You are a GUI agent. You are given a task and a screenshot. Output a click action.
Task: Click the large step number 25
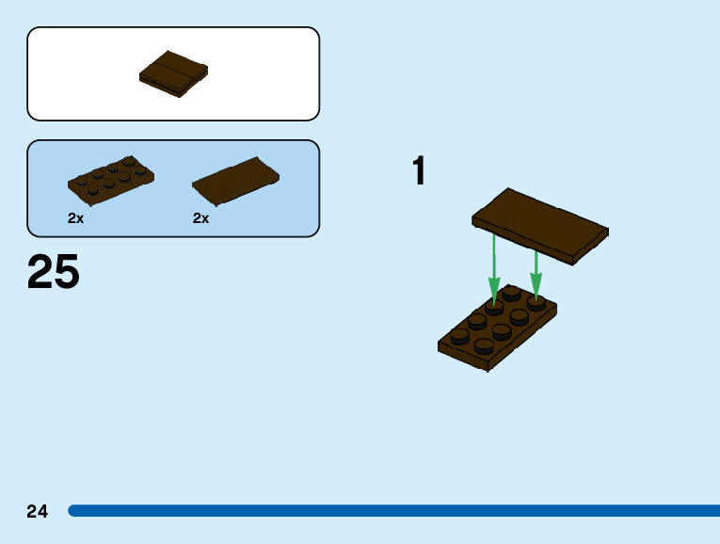pyautogui.click(x=54, y=272)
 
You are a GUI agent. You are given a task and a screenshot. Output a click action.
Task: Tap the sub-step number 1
pyautogui.click(x=419, y=172)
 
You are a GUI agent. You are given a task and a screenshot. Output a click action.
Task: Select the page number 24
pyautogui.click(x=37, y=512)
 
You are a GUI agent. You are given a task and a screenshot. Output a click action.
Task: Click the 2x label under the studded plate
pyautogui.click(x=76, y=218)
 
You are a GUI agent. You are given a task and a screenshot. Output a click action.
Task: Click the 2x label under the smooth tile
pyautogui.click(x=201, y=218)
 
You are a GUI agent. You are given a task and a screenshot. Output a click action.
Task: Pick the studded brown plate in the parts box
pyautogui.click(x=110, y=180)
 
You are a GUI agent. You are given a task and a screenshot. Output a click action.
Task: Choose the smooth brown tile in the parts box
pyautogui.click(x=235, y=182)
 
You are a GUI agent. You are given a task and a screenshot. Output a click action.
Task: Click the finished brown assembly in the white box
pyautogui.click(x=173, y=73)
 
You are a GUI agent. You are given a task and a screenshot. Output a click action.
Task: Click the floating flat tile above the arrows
pyautogui.click(x=540, y=225)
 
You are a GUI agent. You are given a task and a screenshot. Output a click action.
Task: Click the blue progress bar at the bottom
pyautogui.click(x=395, y=511)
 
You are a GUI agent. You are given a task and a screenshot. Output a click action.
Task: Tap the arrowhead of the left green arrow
pyautogui.click(x=493, y=285)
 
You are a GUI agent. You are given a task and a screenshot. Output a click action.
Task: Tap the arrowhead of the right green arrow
pyautogui.click(x=536, y=285)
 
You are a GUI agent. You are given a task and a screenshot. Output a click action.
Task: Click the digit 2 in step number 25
pyautogui.click(x=40, y=272)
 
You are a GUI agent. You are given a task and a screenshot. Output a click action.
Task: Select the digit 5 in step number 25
pyautogui.click(x=67, y=272)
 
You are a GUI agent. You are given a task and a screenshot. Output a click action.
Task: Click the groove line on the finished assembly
pyautogui.click(x=174, y=72)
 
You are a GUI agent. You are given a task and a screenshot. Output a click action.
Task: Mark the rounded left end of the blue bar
pyautogui.click(x=72, y=511)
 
